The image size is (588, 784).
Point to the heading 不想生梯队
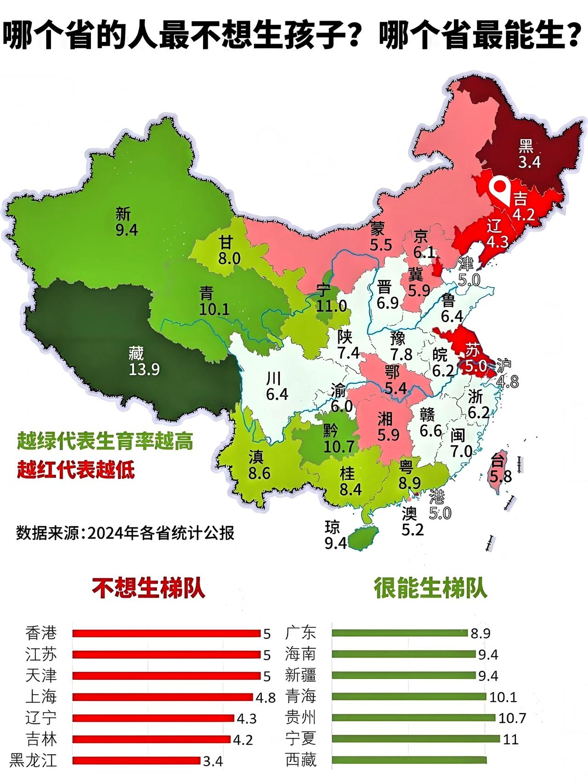tap(148, 589)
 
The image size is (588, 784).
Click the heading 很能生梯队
tap(430, 589)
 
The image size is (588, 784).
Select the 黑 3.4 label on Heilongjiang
tap(528, 154)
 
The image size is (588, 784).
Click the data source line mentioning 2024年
tap(125, 533)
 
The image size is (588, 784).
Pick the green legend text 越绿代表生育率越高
tap(105, 442)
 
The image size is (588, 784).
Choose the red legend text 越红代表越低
tap(76, 470)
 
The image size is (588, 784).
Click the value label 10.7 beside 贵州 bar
tap(512, 718)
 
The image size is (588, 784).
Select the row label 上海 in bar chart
tap(41, 697)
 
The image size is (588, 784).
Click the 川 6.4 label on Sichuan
tap(276, 386)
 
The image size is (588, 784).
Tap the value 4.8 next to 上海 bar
tap(266, 698)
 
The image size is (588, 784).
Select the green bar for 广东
tap(399, 633)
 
